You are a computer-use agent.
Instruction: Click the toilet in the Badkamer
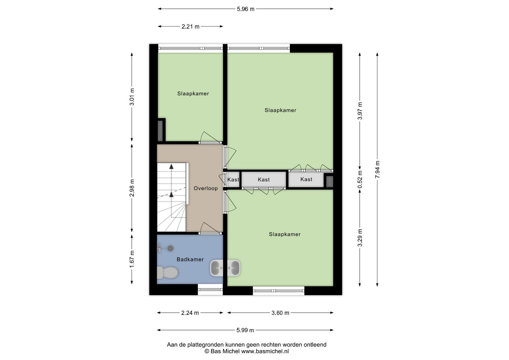point(167,273)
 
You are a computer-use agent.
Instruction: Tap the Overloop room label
point(206,188)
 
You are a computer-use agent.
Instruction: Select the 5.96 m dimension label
point(246,9)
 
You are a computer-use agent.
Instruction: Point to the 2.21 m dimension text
point(191,27)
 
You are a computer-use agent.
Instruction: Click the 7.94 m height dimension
point(377,170)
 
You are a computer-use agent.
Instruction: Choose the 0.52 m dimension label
point(360,179)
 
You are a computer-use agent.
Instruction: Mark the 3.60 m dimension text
point(280,313)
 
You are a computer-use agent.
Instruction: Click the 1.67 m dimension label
point(132,259)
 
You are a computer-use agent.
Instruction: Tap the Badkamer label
point(190,260)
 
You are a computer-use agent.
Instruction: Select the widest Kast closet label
point(264,180)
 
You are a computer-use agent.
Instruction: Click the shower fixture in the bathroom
point(165,248)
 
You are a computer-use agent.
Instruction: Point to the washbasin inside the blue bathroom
point(216,268)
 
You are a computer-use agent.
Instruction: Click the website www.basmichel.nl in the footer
point(265,351)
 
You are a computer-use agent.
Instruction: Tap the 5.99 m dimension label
point(245,330)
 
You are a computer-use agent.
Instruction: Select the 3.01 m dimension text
point(132,97)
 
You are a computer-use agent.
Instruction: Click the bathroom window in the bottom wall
point(210,290)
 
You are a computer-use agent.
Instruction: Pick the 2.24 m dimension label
point(190,313)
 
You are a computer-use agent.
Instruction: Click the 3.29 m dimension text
point(360,238)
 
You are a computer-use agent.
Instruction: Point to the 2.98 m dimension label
point(132,188)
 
